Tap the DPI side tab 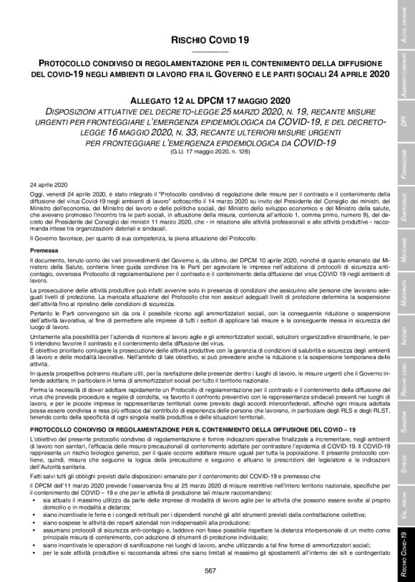click(x=404, y=123)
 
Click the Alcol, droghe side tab click(x=404, y=29)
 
